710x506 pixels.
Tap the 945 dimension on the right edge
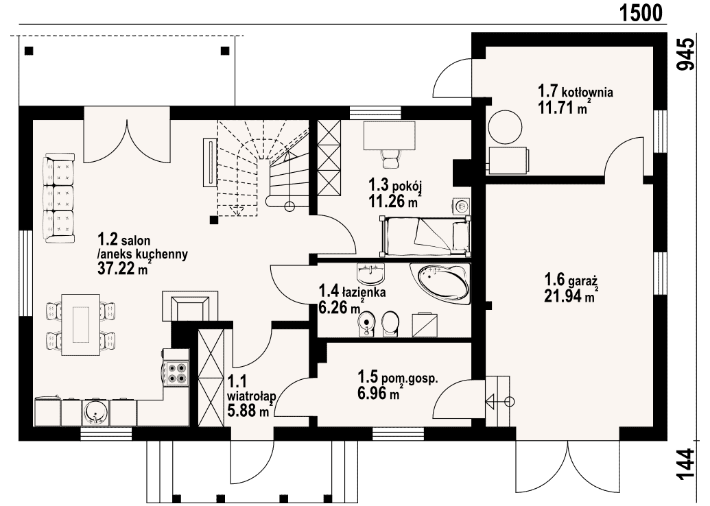pyautogui.click(x=685, y=54)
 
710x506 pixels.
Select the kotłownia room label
pyautogui.click(x=587, y=93)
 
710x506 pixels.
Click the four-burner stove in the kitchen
pyautogui.click(x=177, y=373)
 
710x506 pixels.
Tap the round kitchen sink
pyautogui.click(x=95, y=412)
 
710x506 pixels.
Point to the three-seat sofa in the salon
pyautogui.click(x=58, y=198)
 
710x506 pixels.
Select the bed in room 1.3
pyautogui.click(x=425, y=234)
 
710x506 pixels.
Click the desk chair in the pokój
pyautogui.click(x=390, y=159)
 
